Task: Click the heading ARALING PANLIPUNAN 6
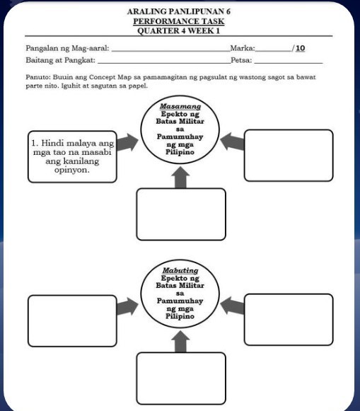179,11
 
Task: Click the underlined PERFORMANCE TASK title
179,21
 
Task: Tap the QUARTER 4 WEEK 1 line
179,31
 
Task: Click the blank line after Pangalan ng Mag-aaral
171,52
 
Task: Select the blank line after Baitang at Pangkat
164,63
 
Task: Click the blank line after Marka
274,52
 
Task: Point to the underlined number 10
301,48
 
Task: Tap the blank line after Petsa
289,63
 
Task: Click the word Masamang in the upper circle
180,106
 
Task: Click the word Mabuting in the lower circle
180,270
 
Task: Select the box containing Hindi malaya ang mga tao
72,157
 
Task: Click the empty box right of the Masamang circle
289,156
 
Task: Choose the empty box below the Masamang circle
181,214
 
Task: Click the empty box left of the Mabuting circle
72,321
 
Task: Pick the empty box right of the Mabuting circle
289,320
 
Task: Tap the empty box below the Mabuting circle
181,378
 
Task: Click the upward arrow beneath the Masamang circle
180,178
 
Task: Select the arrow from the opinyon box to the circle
127,142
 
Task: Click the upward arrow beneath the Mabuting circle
180,342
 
